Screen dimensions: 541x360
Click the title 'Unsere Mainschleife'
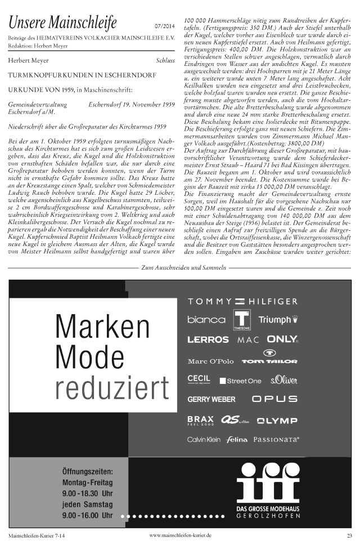pyautogui.click(x=62, y=23)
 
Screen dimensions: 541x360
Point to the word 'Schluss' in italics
pyautogui.click(x=165, y=60)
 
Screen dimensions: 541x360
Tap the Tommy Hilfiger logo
pyautogui.click(x=242, y=301)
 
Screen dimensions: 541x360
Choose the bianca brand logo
pyautogui.click(x=206, y=319)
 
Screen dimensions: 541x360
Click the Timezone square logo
pyautogui.click(x=242, y=319)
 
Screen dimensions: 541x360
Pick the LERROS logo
pyautogui.click(x=208, y=339)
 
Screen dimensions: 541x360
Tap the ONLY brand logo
pyautogui.click(x=282, y=339)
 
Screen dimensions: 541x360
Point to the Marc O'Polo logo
pyautogui.click(x=210, y=361)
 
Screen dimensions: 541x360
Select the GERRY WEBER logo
pyautogui.click(x=211, y=399)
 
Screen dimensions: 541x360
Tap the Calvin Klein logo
pyautogui.click(x=204, y=439)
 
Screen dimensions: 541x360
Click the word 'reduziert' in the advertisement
pyautogui.click(x=112, y=388)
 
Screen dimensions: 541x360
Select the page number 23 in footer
pyautogui.click(x=349, y=535)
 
